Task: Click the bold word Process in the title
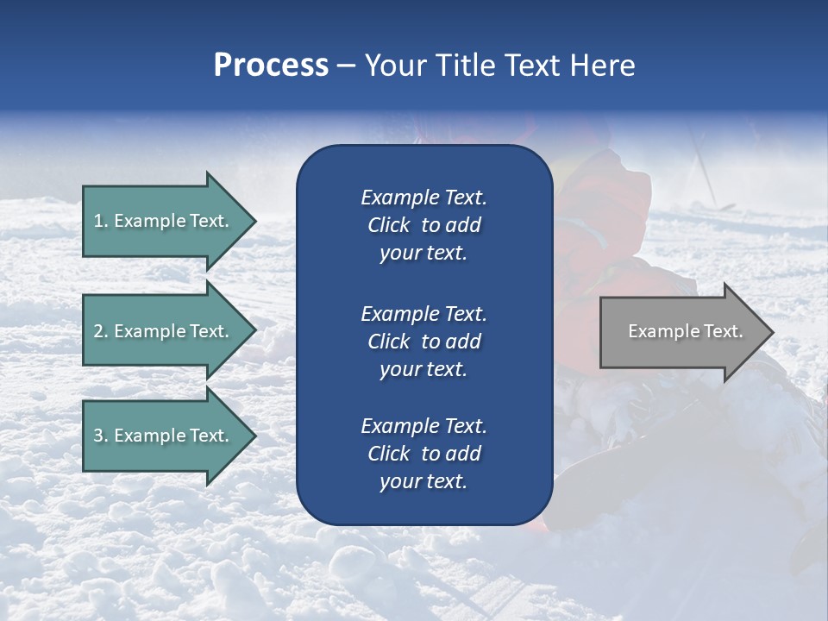coord(271,66)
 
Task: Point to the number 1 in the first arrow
coord(98,221)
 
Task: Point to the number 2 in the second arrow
coord(98,331)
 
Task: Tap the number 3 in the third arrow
coord(98,436)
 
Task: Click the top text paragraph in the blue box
coord(423,225)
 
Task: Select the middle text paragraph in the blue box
coord(423,341)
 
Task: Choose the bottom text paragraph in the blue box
coord(423,454)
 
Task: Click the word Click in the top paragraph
coord(389,225)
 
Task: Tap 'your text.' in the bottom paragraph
coord(423,482)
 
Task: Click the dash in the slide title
coord(346,66)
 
